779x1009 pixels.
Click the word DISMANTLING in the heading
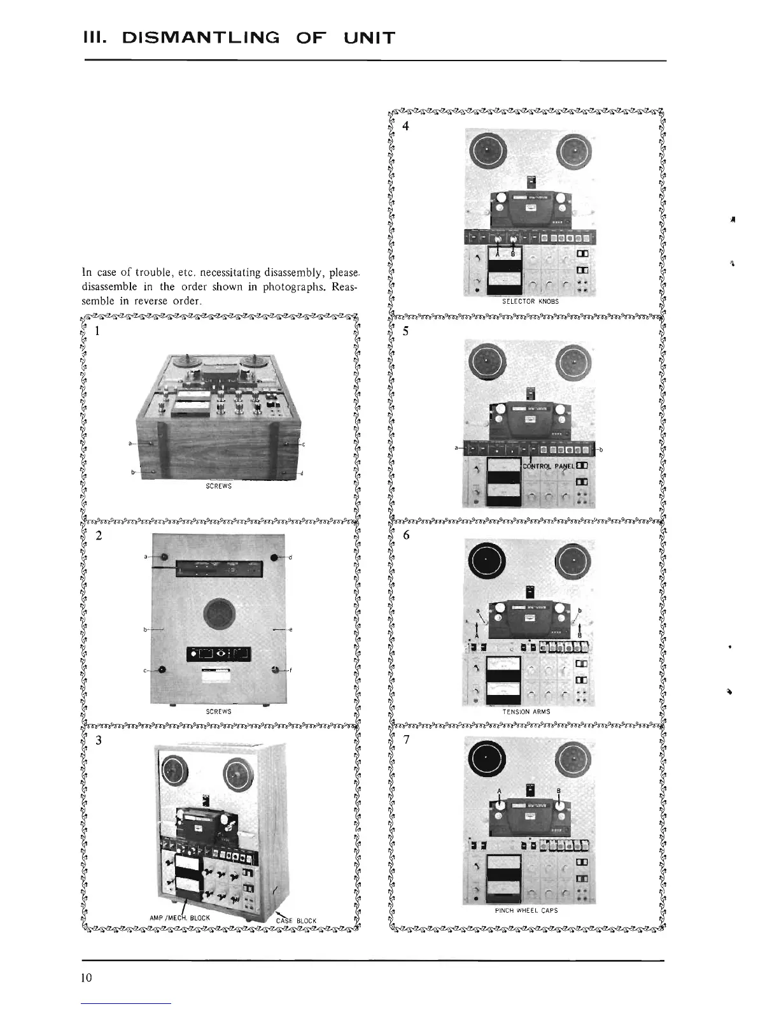[x=195, y=38]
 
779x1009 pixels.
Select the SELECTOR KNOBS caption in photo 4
[x=530, y=301]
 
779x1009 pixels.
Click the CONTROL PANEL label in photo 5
[x=548, y=466]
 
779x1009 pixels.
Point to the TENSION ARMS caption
[x=526, y=712]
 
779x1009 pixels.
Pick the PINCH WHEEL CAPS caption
[x=526, y=910]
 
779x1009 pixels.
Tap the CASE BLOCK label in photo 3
[x=296, y=920]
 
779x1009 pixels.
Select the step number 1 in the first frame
[x=97, y=331]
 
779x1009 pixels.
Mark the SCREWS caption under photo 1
[x=219, y=485]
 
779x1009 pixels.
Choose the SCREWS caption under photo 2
[x=219, y=712]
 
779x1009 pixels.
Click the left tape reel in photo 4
[x=486, y=150]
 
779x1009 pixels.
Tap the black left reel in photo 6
[x=486, y=560]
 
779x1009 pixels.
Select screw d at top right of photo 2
[x=274, y=558]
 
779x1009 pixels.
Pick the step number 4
[x=406, y=125]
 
